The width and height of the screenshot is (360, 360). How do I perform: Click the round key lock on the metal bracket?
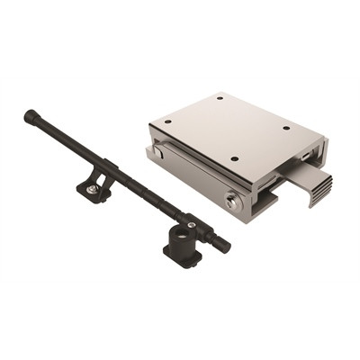click(x=234, y=202)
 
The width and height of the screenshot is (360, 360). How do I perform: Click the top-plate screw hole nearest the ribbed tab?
click(x=286, y=128)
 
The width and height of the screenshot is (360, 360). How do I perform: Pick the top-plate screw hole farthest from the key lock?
click(x=220, y=96)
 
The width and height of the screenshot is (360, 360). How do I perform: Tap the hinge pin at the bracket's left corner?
click(x=158, y=153)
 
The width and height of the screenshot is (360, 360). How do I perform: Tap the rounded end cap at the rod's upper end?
click(x=31, y=115)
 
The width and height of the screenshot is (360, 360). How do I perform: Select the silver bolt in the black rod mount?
click(x=93, y=189)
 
